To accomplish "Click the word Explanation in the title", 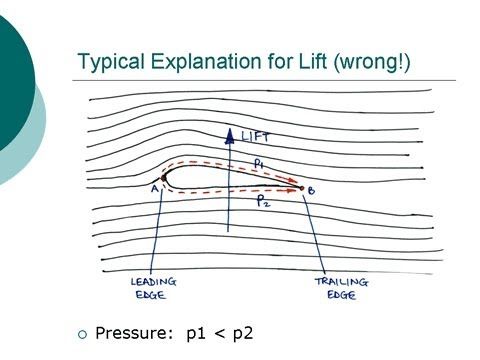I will click(196, 62).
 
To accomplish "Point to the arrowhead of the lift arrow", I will click(230, 133).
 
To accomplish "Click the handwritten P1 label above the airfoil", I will click(258, 160).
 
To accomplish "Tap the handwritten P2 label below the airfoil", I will click(263, 201).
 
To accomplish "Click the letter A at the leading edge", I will click(154, 187).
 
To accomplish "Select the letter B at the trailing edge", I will click(311, 190).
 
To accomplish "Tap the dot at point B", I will click(301, 186).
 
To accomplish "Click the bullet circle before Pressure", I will click(83, 333).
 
